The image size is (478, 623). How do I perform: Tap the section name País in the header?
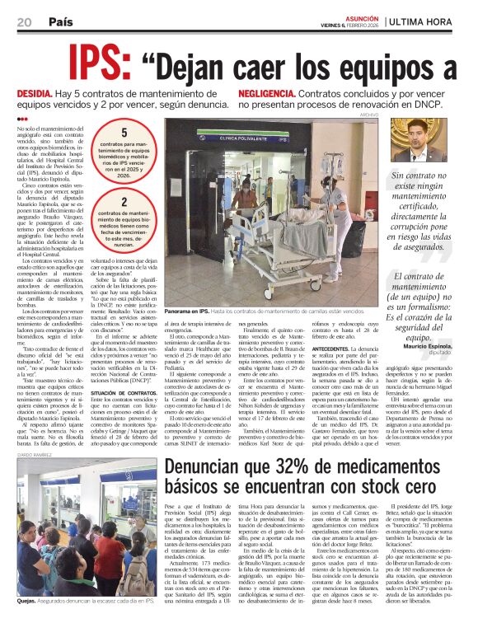point(60,21)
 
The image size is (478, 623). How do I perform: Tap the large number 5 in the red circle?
point(124,133)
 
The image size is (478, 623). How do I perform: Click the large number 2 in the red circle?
point(124,202)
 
